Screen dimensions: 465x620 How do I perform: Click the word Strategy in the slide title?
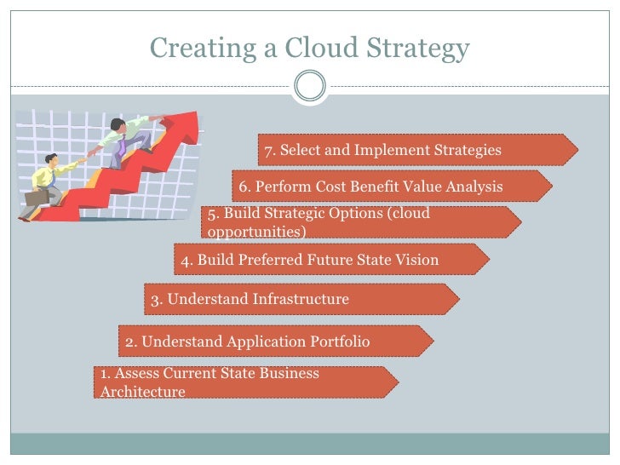coord(421,49)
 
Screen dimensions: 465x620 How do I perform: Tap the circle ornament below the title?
coord(309,85)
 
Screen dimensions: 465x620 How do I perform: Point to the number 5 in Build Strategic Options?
coord(212,213)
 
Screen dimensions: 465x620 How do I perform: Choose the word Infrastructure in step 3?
coord(301,299)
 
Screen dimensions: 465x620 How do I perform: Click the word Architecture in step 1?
coord(142,392)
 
